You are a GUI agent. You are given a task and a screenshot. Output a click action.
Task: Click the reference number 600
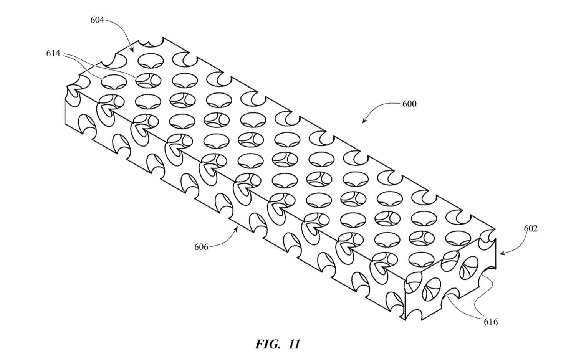pos(409,104)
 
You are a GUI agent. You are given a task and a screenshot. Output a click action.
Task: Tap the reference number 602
pos(531,229)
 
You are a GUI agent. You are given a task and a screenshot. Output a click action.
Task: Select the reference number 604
pos(97,20)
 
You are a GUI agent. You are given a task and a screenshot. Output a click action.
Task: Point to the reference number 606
pos(201,247)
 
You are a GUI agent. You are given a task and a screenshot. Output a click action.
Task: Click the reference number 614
pos(53,53)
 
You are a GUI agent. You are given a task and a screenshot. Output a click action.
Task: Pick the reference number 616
pos(491,322)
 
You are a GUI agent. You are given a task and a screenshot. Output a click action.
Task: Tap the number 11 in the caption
pos(294,344)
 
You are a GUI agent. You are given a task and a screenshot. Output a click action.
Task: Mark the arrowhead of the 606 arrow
pos(237,227)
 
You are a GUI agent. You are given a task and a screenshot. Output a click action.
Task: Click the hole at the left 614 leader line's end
pos(114,82)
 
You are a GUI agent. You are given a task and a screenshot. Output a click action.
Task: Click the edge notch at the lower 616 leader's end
pos(452,295)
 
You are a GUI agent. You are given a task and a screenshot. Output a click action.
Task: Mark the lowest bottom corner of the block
pos(405,320)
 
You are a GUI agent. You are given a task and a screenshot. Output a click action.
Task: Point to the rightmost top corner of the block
pos(495,229)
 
